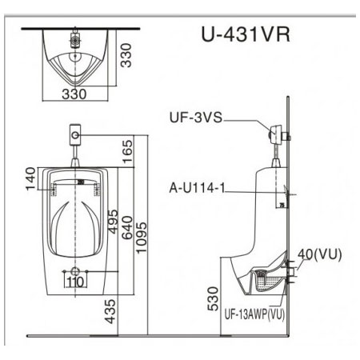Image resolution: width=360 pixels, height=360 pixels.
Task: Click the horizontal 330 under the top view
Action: pos(74,94)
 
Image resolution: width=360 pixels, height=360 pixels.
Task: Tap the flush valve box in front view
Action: pos(75,133)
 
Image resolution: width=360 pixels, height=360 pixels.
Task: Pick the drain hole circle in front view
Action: pos(75,269)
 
